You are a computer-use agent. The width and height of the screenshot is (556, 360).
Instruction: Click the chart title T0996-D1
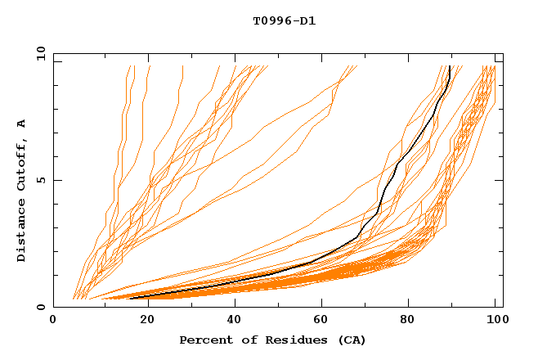[285, 20]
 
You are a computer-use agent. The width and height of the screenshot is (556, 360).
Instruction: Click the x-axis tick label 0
[53, 321]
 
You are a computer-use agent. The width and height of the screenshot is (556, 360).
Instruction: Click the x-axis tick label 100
[494, 321]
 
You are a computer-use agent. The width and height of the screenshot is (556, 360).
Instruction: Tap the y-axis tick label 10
[39, 53]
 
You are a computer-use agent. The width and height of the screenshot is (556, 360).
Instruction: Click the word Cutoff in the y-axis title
[21, 166]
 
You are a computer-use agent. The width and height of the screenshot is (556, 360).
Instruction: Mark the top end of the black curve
[450, 66]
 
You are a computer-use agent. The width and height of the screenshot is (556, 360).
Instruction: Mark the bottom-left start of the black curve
[130, 299]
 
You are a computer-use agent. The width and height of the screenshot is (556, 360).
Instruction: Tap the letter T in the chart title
[257, 20]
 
